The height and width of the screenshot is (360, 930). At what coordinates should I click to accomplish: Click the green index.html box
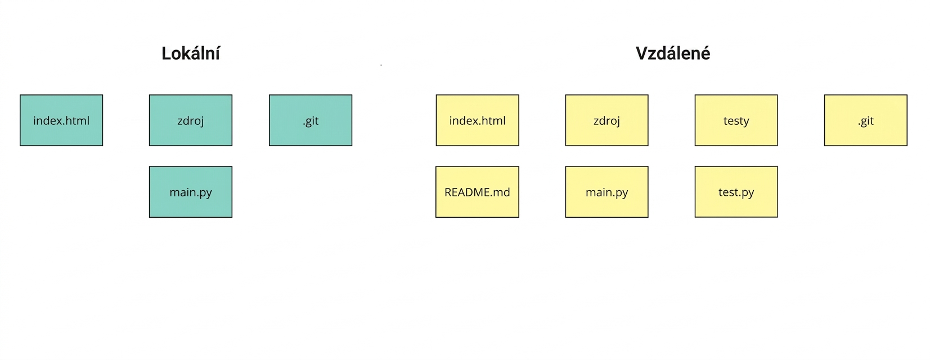(x=61, y=120)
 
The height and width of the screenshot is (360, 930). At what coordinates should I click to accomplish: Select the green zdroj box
(x=191, y=120)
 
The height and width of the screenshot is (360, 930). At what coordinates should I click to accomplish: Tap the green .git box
(x=311, y=120)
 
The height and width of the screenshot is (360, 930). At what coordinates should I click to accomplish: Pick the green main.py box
(x=191, y=192)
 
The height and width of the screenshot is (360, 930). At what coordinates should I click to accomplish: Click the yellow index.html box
(x=478, y=120)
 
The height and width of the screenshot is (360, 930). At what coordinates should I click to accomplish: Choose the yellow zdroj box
(x=606, y=120)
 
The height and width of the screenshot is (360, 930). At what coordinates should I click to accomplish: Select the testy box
(x=736, y=120)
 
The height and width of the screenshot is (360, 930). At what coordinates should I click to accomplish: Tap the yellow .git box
(x=866, y=120)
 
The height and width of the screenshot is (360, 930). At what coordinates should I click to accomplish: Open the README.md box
(x=478, y=192)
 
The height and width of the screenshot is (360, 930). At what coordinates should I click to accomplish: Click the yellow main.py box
(x=606, y=192)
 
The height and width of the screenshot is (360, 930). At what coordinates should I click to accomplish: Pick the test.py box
(x=736, y=192)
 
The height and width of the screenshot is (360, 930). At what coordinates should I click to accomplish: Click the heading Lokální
(x=191, y=53)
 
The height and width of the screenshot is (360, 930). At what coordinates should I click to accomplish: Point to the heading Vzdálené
(x=672, y=53)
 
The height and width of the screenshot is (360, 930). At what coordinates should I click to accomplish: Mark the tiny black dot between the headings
(x=381, y=65)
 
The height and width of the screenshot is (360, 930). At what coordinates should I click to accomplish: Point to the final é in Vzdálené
(x=705, y=54)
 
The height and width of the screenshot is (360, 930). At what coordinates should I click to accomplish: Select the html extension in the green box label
(x=78, y=120)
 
